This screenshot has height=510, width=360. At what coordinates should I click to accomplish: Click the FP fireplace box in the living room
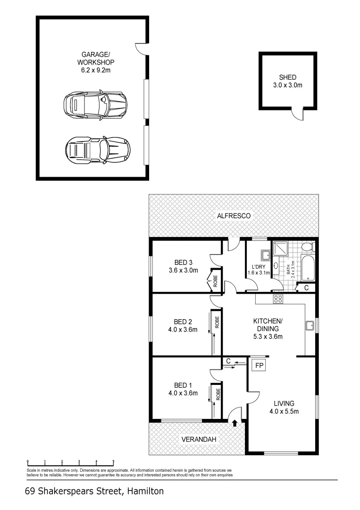coord(258,365)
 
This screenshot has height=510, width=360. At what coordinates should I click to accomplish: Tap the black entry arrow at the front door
coord(234,423)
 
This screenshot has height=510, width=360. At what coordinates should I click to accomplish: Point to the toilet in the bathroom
coord(307,247)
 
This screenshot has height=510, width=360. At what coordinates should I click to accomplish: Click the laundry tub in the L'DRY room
coord(265,255)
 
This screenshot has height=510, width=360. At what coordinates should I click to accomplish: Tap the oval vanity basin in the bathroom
coord(276,266)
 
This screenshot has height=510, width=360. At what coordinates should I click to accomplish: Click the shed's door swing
coord(297,114)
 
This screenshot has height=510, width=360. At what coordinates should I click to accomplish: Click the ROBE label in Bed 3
coord(215,281)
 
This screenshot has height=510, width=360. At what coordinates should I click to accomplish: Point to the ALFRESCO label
coord(234,216)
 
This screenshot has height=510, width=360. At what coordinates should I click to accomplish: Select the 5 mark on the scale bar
coord(113,461)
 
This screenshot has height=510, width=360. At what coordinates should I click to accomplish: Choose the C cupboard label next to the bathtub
coord(306,288)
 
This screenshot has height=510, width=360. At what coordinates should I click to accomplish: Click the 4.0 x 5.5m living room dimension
coord(284,411)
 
